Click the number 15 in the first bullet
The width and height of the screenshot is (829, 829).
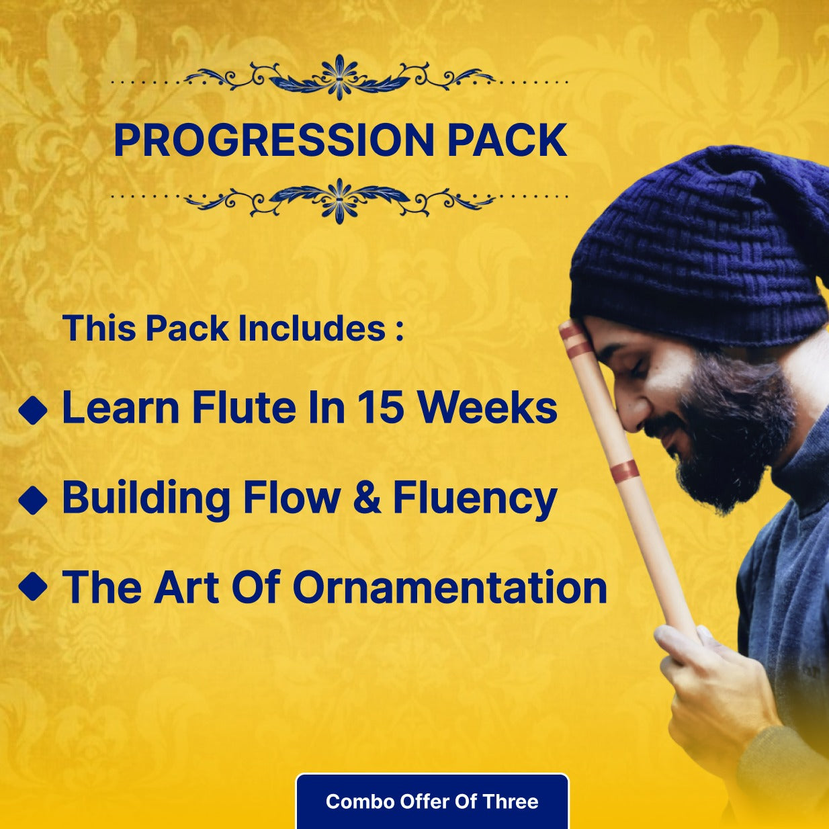tap(380, 407)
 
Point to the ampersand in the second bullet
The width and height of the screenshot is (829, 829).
tap(367, 498)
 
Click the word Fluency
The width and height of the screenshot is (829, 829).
tap(475, 499)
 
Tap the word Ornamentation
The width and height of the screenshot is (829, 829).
tap(449, 587)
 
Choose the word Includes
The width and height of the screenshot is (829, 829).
tap(312, 329)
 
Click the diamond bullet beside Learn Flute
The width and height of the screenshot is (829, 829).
tap(33, 410)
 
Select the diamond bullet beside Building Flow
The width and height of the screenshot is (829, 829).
tap(33, 500)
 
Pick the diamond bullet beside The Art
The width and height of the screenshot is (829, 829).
tap(33, 586)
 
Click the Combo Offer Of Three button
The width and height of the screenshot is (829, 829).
tap(432, 801)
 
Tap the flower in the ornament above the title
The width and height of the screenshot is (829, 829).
tap(340, 76)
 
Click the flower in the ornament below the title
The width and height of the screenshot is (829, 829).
tap(340, 200)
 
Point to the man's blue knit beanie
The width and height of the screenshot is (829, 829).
tap(699, 249)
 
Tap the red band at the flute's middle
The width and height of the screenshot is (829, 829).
tap(624, 471)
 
